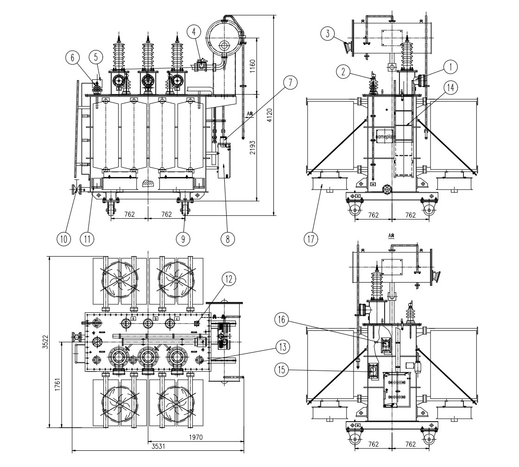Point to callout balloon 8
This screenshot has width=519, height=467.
click(228, 239)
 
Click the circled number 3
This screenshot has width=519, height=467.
click(327, 34)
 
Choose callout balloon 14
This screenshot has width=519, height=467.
click(449, 86)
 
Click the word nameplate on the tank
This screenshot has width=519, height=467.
click(384, 137)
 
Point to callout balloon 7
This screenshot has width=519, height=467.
click(291, 82)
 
